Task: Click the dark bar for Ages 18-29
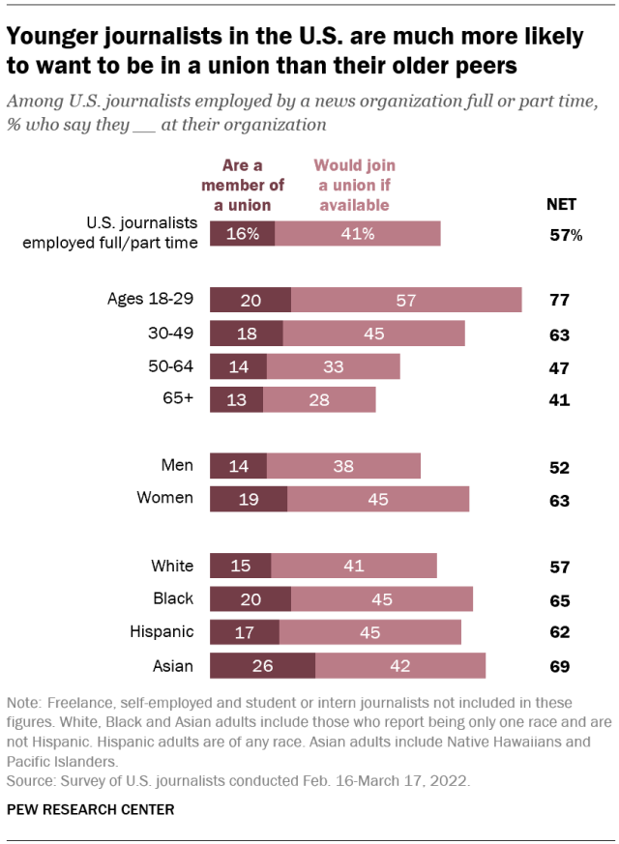point(251,300)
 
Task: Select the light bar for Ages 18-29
point(406,300)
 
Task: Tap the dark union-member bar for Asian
point(262,666)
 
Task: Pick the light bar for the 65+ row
point(319,399)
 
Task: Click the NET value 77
point(560,301)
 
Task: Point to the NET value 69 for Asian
point(560,666)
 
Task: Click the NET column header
point(561,204)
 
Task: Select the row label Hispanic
point(162,632)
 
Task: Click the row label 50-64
point(169,367)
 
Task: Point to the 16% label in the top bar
point(243,234)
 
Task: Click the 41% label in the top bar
point(357,234)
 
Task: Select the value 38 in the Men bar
point(343,466)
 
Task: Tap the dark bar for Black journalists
point(251,599)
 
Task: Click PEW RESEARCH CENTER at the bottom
point(91,809)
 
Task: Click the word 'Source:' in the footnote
point(30,778)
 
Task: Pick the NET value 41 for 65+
point(560,400)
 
